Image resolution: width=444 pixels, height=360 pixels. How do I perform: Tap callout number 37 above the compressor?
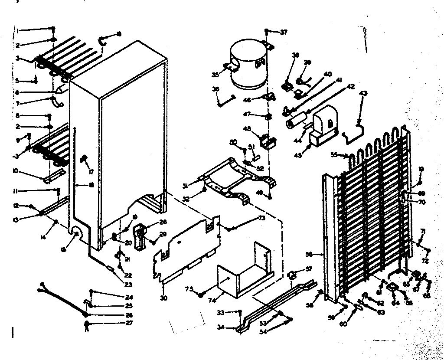[x=284, y=32]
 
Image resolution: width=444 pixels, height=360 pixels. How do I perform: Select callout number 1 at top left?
[x=18, y=29]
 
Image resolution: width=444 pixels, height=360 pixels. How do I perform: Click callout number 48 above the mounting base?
[x=247, y=129]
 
